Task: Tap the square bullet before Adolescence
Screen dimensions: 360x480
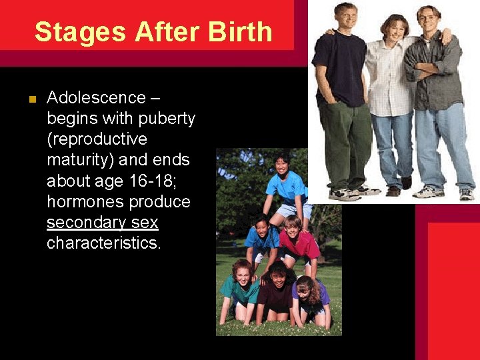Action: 31,100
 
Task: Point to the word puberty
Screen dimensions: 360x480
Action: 166,119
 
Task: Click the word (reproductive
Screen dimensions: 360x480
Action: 97,139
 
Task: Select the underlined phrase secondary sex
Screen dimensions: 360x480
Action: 102,222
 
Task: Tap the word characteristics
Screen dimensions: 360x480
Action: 103,243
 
